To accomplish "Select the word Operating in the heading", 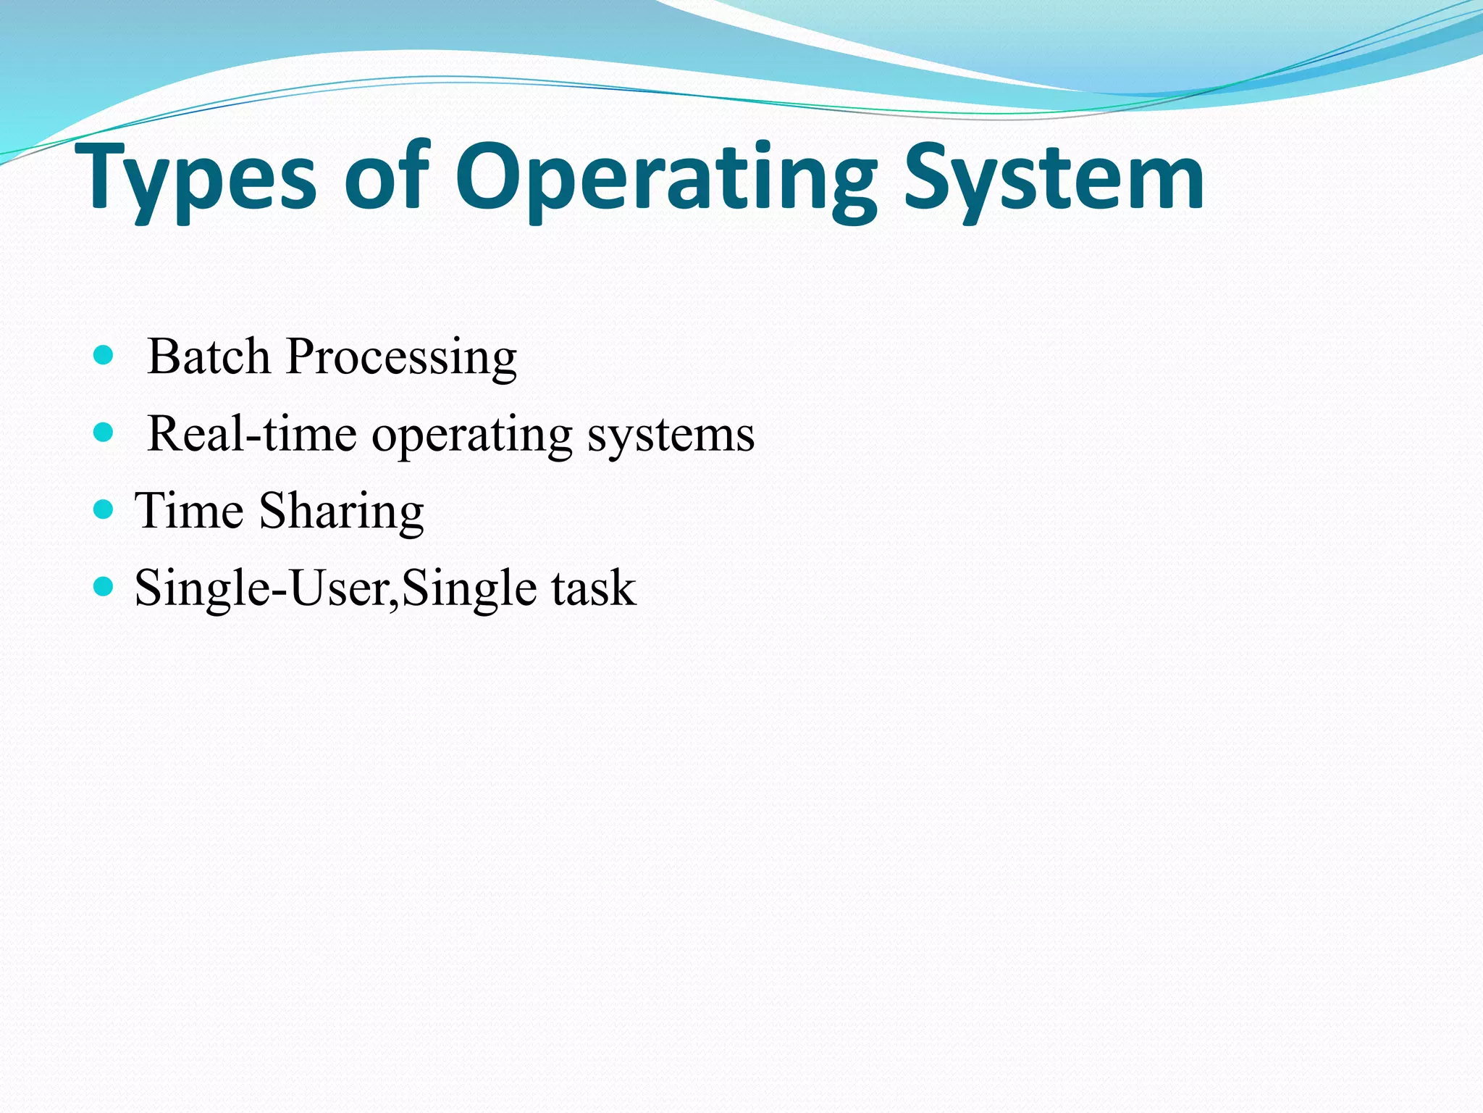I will click(x=665, y=179).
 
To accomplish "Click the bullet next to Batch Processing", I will click(x=104, y=355).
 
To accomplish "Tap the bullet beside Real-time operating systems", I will click(x=104, y=433).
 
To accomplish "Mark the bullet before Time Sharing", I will click(x=104, y=509).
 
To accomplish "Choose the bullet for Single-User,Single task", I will click(x=104, y=586).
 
